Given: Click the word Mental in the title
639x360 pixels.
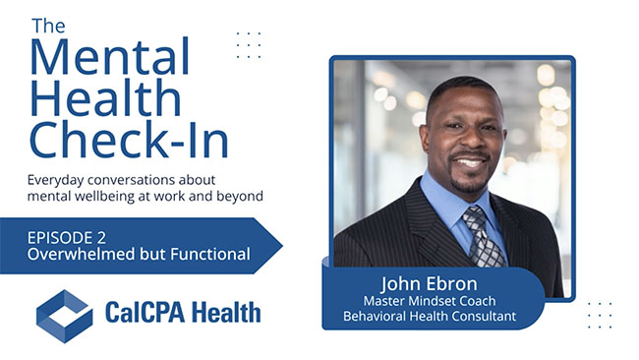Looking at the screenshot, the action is coord(110,56).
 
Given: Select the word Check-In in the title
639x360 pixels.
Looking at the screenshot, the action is coord(129,139).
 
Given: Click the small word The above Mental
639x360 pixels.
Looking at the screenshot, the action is coord(48,26).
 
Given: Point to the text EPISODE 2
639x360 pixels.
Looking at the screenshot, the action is coord(67,238).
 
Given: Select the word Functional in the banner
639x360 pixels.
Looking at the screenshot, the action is coord(210,254).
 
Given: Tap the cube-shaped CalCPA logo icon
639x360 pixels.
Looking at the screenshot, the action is coord(64,316).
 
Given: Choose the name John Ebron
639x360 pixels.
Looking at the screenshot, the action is coord(430,283).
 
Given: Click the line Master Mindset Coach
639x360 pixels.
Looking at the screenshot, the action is coord(430,301).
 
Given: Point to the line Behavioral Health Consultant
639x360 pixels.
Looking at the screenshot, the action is coord(430,316).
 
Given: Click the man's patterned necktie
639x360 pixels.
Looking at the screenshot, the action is coord(482,237).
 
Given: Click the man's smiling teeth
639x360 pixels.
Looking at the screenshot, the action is coord(470,163).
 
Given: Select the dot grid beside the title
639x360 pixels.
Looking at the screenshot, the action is coord(249,45).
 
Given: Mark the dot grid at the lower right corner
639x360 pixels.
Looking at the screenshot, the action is coord(600,315).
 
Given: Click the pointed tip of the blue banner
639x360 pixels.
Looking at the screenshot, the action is coord(282,246).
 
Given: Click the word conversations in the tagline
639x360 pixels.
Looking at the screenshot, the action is coord(132,180).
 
